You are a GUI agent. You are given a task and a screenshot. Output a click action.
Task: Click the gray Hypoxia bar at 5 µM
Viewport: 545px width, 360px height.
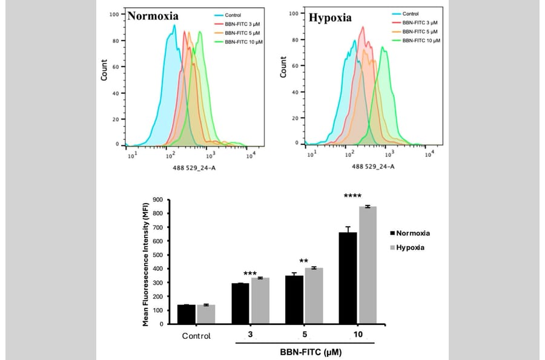tap(314, 296)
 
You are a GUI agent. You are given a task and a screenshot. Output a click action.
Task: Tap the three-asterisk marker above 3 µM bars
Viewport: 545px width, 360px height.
tap(251, 274)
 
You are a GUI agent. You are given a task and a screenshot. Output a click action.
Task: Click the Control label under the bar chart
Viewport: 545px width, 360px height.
tap(196, 336)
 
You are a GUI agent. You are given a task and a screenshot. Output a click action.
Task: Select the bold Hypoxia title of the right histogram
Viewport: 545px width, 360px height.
tap(330, 18)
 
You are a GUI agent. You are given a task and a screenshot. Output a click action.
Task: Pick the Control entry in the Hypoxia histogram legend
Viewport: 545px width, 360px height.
tap(410, 13)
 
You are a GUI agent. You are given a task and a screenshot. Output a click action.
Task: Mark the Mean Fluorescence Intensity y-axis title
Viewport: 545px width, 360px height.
tap(147, 262)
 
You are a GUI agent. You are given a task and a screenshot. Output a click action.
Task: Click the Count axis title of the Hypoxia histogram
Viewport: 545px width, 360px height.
tap(283, 67)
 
